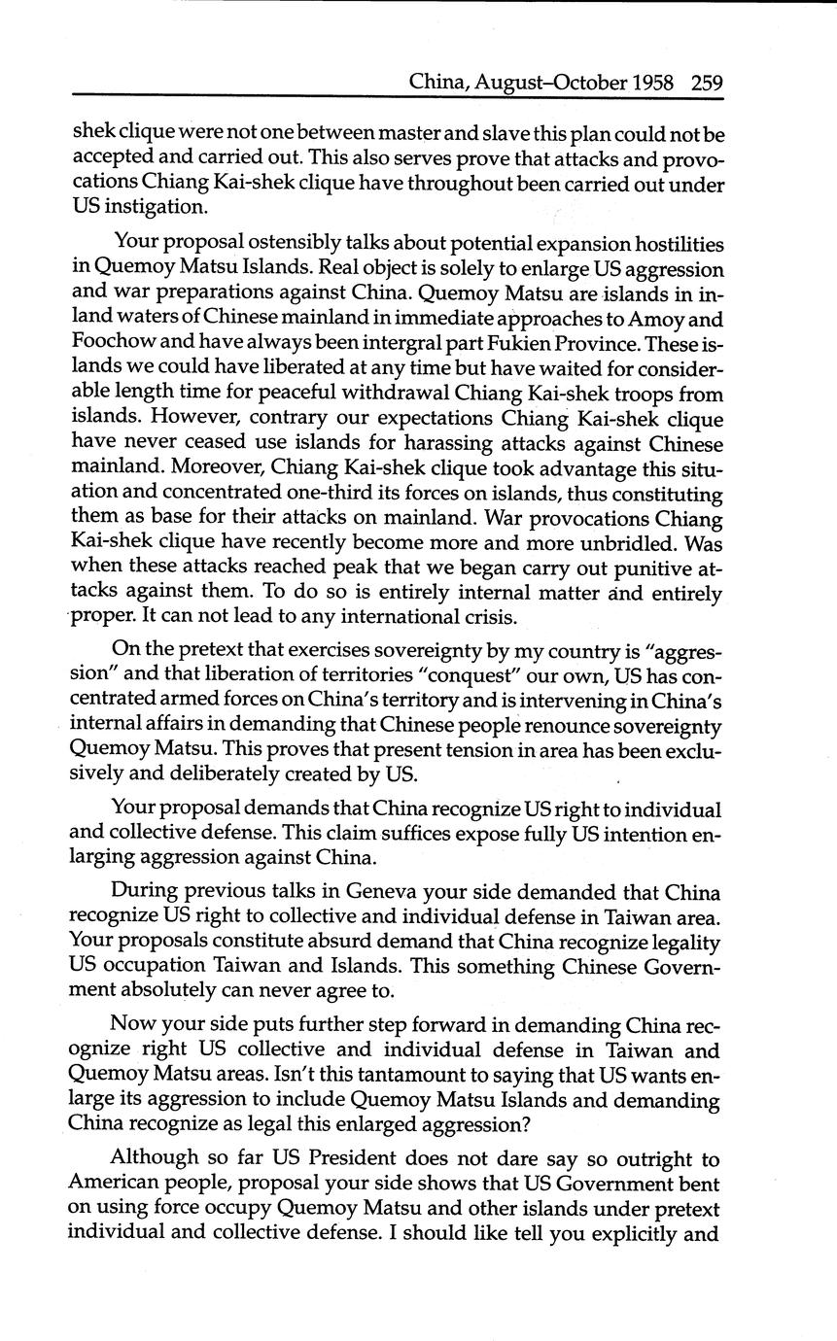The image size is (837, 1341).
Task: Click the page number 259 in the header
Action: click(708, 83)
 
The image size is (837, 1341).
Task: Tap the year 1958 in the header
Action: click(653, 83)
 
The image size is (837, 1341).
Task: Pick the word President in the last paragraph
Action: click(348, 1159)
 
